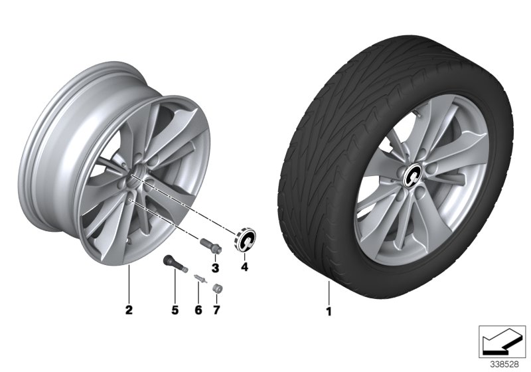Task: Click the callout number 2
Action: (x=129, y=310)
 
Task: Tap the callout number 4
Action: (x=244, y=268)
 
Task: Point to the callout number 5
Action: (x=175, y=310)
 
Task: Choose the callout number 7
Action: (x=216, y=310)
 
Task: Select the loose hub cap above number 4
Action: (x=244, y=241)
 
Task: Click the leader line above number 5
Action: (x=175, y=292)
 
